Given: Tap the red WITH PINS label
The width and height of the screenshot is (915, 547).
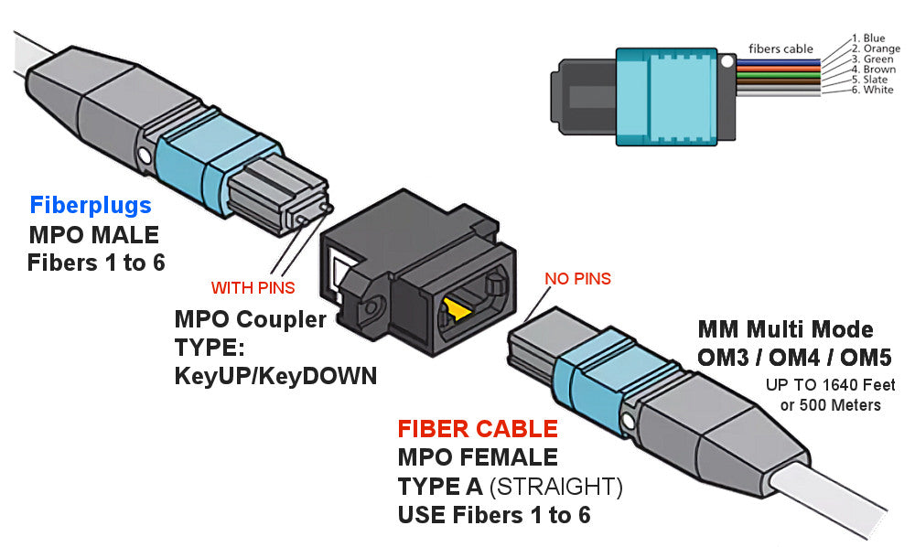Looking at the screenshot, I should pos(253,288).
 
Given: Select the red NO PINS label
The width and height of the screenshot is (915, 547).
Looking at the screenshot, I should pos(577,278).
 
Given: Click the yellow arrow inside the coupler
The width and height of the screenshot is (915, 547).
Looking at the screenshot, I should pos(458,312).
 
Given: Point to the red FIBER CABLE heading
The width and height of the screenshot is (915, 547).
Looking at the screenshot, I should pos(477,429).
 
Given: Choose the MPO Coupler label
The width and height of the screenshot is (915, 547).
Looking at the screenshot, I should pos(250,320).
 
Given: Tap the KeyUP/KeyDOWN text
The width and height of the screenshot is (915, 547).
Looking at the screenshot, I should pos(275,376).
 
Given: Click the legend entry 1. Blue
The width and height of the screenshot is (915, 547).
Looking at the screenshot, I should pos(868,38).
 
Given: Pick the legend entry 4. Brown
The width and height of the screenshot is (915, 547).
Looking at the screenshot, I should pos(873,69).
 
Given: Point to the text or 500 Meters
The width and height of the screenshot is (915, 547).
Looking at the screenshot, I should pos(831,404).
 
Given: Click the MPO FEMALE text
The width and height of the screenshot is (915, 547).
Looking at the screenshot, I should pos(477,457).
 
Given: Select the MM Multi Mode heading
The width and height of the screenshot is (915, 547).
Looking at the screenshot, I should pos(785,328).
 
